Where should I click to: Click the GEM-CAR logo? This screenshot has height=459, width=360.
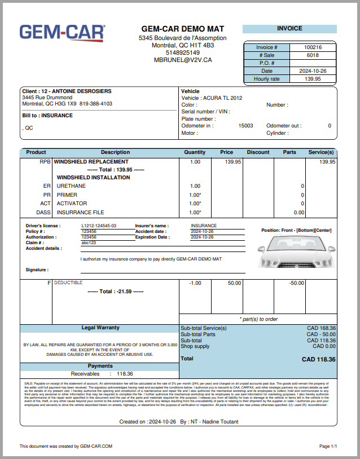62,33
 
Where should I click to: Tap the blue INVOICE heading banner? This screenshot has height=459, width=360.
289,29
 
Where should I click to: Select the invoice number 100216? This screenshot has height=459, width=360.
313,47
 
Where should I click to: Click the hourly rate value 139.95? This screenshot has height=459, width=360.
313,79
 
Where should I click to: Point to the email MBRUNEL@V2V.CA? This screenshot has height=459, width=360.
183,60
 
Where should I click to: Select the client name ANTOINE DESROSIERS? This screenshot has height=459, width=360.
81,91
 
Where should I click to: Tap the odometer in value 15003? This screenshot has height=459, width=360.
245,126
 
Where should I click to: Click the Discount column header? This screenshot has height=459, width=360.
258,152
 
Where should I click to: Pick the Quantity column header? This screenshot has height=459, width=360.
195,152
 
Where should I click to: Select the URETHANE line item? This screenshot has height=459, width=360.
71,186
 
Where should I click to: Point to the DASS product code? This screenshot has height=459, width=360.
43,213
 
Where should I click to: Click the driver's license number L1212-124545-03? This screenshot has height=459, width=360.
99,226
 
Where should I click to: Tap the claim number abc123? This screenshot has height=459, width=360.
89,242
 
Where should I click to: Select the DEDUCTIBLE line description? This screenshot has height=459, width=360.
68,283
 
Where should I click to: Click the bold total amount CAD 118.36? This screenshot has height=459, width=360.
318,359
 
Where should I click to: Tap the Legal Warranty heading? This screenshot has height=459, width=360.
100,328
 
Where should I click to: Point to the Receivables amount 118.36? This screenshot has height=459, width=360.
125,373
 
